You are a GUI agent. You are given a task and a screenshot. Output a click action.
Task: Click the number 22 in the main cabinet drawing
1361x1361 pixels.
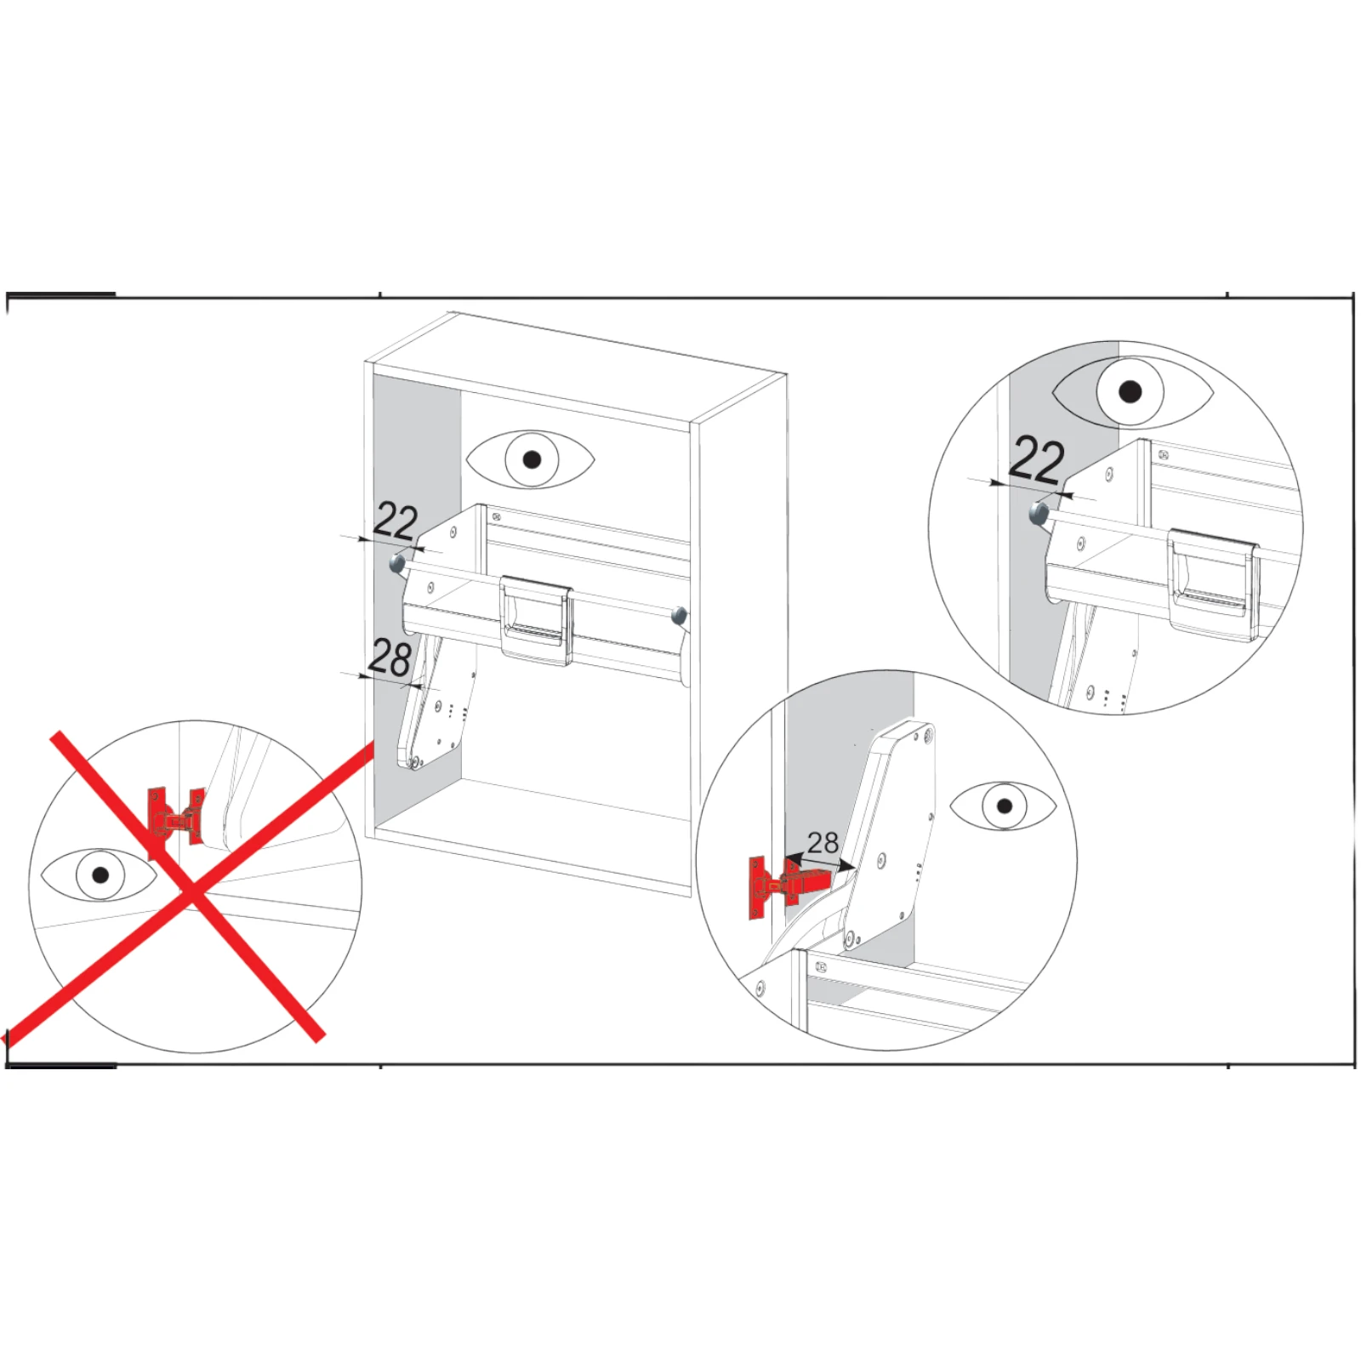(x=396, y=521)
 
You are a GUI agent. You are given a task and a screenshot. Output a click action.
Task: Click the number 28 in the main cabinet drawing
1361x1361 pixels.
(x=390, y=658)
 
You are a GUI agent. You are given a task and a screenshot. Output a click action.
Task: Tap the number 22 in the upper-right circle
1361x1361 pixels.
(x=1037, y=461)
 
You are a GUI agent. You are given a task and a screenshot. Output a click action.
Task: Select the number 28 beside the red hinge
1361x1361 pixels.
(x=823, y=842)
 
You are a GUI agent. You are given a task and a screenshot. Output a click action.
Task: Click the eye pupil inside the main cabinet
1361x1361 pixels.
(x=532, y=460)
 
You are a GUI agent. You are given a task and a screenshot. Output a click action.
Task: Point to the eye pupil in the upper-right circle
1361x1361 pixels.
(x=1130, y=392)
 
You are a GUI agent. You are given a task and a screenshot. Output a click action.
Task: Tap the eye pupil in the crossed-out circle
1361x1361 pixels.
(x=101, y=874)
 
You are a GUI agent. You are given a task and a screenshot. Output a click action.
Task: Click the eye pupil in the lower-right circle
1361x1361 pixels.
(x=1005, y=806)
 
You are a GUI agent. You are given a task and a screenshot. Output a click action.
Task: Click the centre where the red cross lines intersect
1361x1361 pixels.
(x=192, y=894)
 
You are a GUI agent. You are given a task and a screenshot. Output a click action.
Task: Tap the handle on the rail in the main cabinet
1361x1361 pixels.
(x=536, y=619)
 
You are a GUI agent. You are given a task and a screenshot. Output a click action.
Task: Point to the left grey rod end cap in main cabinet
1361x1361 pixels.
(x=397, y=563)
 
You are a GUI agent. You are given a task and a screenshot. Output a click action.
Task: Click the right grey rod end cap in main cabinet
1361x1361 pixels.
(x=679, y=615)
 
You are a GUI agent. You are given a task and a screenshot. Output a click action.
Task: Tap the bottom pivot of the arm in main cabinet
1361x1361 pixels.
(x=413, y=764)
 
